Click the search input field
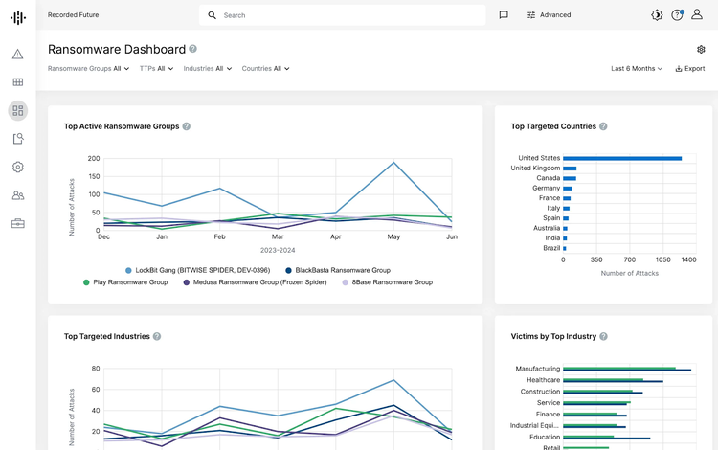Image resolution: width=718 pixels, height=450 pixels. coord(345,15)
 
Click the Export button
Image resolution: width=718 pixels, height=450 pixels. coord(690,69)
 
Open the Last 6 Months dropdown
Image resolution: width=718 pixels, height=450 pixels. coord(637,69)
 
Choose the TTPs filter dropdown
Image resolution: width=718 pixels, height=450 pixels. coord(156,69)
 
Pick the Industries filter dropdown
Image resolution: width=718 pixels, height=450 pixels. coord(207,69)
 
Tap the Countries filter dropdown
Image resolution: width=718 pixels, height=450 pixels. coord(265,69)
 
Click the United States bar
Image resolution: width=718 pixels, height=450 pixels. coord(622,158)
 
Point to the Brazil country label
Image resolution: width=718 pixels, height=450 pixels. coord(551,248)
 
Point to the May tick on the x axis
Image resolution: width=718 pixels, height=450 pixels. coord(393,236)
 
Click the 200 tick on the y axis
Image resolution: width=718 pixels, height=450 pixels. coord(94,159)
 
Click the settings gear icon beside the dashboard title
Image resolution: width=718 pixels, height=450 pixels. coord(701,50)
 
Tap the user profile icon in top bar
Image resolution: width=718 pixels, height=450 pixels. coord(696,15)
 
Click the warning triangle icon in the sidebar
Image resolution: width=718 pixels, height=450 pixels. coord(17,55)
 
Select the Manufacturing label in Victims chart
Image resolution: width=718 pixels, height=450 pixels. coord(537,369)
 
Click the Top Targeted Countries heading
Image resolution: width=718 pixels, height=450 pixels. coord(553,126)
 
